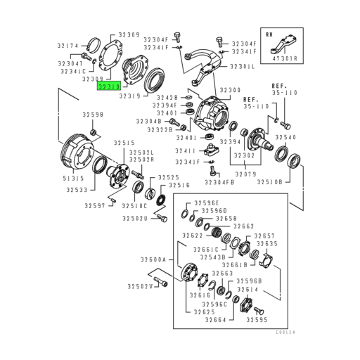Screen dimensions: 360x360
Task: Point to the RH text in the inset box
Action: coord(270,33)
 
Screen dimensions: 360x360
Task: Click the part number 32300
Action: coord(230,91)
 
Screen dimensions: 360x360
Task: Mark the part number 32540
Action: coord(290,137)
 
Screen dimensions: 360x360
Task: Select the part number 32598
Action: coord(92,115)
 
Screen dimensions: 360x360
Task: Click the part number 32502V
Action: coord(140,286)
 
